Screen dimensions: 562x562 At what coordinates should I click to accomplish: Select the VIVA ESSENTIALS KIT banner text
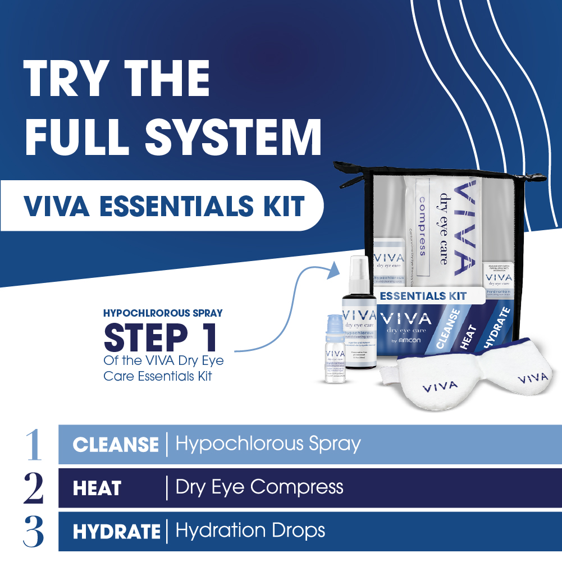[164, 205]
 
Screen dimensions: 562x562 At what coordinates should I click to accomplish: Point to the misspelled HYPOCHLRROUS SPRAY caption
[163, 312]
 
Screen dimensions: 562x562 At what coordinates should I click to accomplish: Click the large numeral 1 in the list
[34, 445]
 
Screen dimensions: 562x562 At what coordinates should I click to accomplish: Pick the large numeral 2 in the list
[34, 488]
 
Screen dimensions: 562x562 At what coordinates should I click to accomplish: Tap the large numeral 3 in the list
[34, 531]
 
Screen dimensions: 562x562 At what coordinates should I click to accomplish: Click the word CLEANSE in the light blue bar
[116, 445]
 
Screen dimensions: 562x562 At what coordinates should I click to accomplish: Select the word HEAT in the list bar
[97, 488]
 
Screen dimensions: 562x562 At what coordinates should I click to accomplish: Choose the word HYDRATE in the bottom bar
[117, 531]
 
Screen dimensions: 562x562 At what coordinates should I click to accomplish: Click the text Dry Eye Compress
[259, 487]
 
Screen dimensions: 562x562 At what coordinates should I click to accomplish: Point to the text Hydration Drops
[250, 530]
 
